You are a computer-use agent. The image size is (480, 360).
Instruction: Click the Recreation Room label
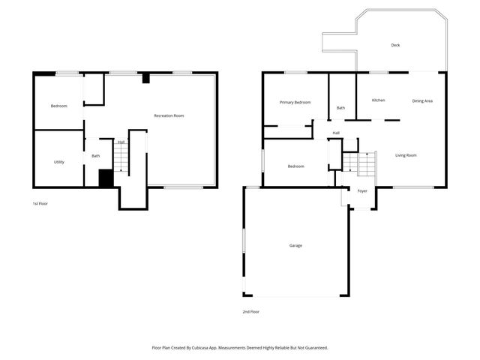tap(169, 115)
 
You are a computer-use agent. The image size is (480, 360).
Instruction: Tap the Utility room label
tap(58, 162)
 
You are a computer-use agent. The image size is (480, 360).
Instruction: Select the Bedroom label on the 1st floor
tap(58, 106)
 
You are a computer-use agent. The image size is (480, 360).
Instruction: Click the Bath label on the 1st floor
tap(96, 156)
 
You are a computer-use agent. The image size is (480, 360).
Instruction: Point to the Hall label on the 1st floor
tap(121, 142)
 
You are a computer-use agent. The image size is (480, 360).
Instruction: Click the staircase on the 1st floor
tap(121, 159)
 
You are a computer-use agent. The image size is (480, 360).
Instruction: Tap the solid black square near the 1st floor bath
tap(106, 178)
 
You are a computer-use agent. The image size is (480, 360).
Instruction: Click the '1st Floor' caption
tap(40, 204)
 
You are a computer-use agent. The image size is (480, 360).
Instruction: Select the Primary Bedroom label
tap(295, 102)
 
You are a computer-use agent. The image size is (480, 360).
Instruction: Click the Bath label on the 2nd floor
tap(340, 108)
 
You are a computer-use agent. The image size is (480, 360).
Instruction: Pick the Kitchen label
tap(379, 100)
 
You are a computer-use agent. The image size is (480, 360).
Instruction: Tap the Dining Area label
tap(422, 100)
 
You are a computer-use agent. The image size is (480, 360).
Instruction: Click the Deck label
tap(395, 45)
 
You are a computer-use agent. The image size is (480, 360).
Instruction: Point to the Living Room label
tap(406, 155)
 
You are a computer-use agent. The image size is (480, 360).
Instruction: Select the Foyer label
tap(362, 191)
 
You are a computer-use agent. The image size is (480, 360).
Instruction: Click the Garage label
tap(295, 245)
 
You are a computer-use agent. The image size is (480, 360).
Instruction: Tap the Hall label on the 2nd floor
tap(336, 133)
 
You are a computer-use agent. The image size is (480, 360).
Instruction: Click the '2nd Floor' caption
tap(250, 311)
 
